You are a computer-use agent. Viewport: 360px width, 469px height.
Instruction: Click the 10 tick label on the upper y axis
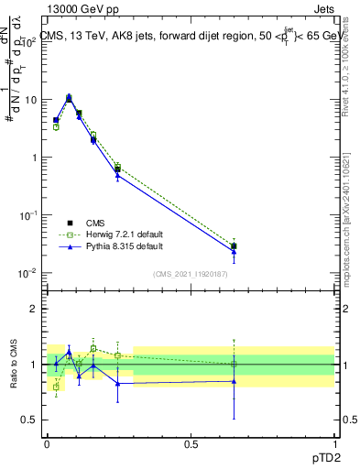(x=31, y=99)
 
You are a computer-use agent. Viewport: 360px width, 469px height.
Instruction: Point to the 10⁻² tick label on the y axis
(x=29, y=273)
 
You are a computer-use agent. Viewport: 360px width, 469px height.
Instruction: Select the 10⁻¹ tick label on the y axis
(x=29, y=215)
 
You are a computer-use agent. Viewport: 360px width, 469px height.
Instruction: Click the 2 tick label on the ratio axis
(x=35, y=309)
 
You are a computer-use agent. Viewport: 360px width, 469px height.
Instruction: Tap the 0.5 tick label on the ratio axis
(x=31, y=420)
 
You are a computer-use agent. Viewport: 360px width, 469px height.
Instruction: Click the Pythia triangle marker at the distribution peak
(x=69, y=96)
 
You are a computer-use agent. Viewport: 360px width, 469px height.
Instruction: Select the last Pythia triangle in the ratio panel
(x=234, y=381)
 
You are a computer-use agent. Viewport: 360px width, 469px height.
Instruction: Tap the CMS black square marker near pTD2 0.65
(x=234, y=245)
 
